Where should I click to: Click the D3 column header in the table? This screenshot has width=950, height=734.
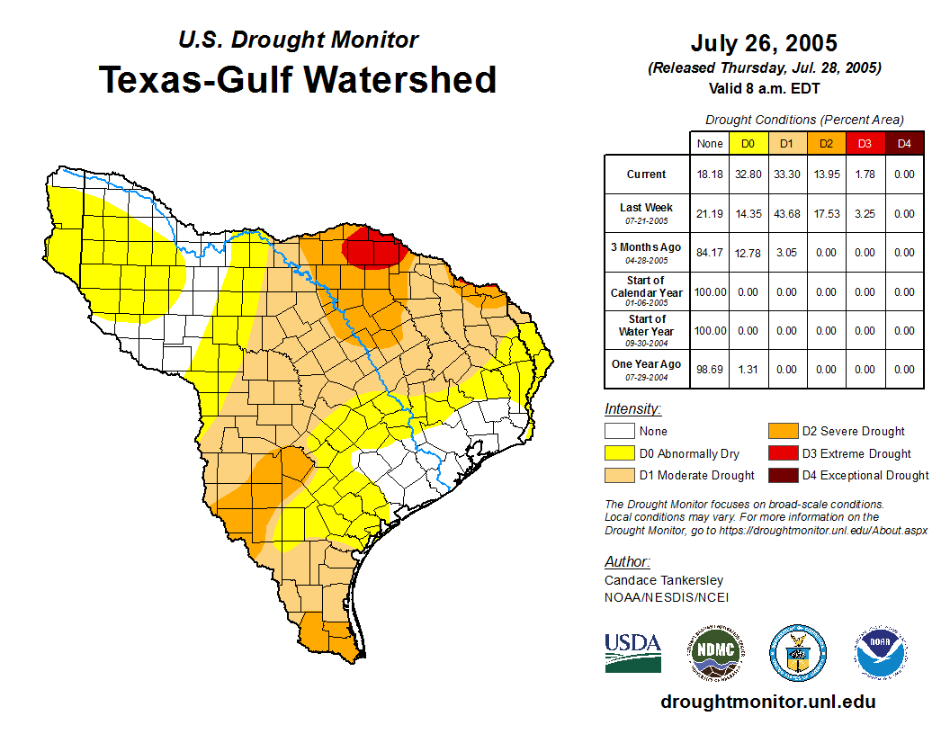(x=865, y=143)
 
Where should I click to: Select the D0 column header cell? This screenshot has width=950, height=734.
(x=748, y=143)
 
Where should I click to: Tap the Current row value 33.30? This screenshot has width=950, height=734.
(x=786, y=175)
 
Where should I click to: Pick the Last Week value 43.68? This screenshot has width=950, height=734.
(x=786, y=214)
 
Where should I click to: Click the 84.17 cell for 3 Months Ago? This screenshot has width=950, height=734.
(x=709, y=253)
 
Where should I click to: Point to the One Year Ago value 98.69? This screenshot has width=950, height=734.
(x=709, y=369)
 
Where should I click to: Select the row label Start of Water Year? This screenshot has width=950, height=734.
(x=647, y=330)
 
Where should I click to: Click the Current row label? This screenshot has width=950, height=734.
(x=647, y=175)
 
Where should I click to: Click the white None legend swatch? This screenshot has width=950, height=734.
(x=618, y=432)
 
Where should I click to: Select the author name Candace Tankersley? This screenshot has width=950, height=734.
(x=664, y=580)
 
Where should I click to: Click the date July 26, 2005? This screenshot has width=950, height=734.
(x=764, y=43)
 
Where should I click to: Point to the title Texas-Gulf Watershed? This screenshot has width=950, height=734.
(x=298, y=79)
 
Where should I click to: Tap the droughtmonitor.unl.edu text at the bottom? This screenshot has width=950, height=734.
(x=767, y=702)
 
